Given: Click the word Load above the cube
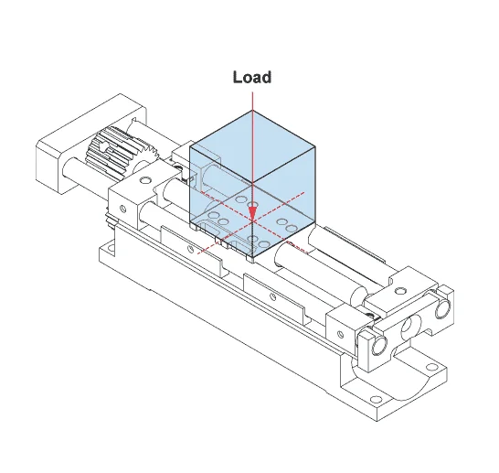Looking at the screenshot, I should [x=251, y=77].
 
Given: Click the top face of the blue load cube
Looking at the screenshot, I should [x=253, y=140].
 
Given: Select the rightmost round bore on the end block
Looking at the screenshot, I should [x=443, y=309].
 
